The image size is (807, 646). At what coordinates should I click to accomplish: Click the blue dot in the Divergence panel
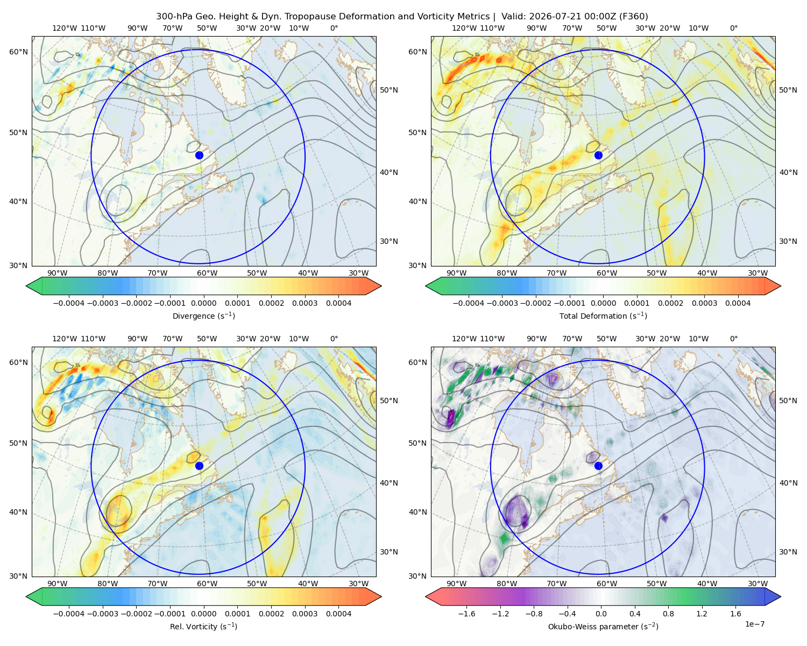199,155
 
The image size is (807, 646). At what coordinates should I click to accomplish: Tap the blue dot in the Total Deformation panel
598,155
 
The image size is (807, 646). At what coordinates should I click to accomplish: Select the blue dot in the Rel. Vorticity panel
199,466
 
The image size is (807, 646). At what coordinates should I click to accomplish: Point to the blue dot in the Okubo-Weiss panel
598,466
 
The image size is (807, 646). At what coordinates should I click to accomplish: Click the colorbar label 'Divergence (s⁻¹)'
203,316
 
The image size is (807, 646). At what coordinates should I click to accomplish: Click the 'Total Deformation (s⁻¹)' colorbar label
603,316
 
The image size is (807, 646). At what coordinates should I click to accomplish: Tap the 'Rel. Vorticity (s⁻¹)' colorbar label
203,627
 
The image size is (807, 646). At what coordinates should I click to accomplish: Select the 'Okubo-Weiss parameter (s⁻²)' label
603,627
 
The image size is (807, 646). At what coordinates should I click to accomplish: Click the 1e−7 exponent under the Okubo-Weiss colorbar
754,624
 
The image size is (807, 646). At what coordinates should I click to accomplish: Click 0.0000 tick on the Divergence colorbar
203,303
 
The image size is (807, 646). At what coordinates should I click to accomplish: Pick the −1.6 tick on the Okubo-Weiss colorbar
467,614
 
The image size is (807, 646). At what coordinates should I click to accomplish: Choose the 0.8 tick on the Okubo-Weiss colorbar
668,614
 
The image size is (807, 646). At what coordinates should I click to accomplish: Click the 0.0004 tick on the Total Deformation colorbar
738,303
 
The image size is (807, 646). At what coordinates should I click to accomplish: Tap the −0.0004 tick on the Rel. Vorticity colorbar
69,614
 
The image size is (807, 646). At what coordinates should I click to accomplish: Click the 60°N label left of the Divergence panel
18,52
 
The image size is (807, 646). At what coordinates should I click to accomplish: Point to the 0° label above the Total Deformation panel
734,28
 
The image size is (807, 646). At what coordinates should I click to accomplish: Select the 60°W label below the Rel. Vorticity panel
207,584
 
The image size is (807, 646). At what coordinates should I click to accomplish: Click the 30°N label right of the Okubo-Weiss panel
788,552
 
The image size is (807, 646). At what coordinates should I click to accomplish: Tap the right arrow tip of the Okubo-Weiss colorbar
781,596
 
